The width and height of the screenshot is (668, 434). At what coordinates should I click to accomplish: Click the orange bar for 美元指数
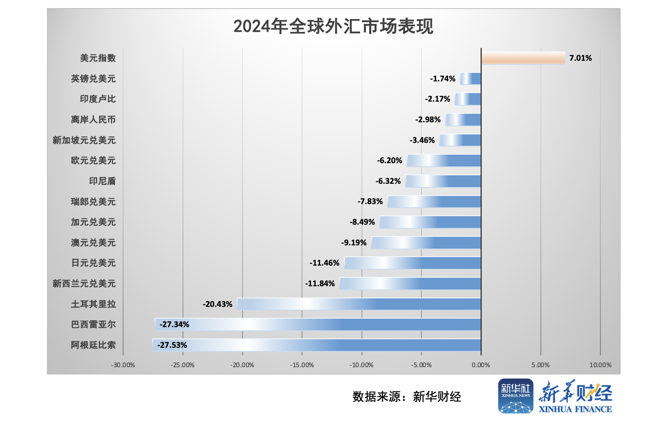coord(523,58)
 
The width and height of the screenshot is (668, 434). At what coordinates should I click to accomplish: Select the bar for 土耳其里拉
coord(359,304)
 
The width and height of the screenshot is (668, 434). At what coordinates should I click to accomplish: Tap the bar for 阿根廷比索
coord(317,345)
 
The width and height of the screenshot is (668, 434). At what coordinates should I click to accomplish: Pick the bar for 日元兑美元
coord(413,263)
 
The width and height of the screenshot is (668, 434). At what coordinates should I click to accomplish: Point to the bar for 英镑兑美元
coord(470,79)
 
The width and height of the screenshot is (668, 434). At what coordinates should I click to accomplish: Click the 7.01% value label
coord(580,58)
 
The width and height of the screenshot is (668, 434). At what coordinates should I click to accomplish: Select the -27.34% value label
coord(174,324)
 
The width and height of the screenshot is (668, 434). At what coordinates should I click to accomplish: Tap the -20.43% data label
coord(217,304)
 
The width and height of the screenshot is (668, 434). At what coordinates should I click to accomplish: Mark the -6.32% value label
coord(388,181)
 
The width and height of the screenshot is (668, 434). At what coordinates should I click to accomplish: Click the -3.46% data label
coord(422,140)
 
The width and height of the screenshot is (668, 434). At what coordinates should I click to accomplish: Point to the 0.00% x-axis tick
coord(481,365)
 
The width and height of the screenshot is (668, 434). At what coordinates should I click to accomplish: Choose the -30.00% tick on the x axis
coord(123,365)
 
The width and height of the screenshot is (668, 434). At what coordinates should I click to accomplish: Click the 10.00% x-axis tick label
coord(600,365)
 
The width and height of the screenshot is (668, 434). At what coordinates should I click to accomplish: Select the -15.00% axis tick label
coord(302,365)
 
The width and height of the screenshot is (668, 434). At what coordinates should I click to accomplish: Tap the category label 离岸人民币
coord(93,119)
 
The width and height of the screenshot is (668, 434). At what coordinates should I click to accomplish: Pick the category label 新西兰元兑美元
coord(84,283)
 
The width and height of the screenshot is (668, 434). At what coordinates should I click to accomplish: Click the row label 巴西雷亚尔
coord(93,324)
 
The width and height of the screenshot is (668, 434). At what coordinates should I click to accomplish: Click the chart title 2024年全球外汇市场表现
coord(333,27)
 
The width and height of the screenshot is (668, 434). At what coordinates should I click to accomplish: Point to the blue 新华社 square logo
coord(515,396)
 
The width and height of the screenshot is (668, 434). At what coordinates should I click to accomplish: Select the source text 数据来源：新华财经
coord(406,397)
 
